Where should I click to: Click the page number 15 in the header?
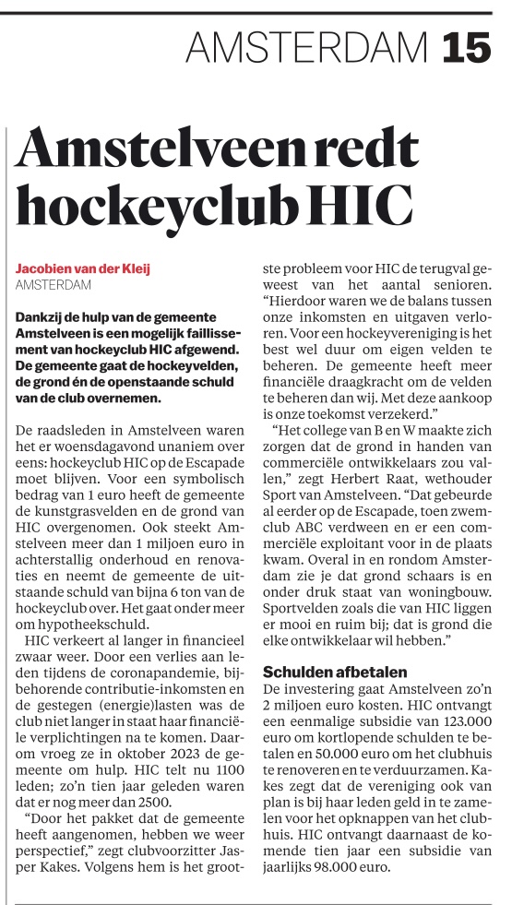tap(466, 46)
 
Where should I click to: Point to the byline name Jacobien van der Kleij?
tap(83, 268)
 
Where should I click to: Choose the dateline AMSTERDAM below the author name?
tap(54, 285)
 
